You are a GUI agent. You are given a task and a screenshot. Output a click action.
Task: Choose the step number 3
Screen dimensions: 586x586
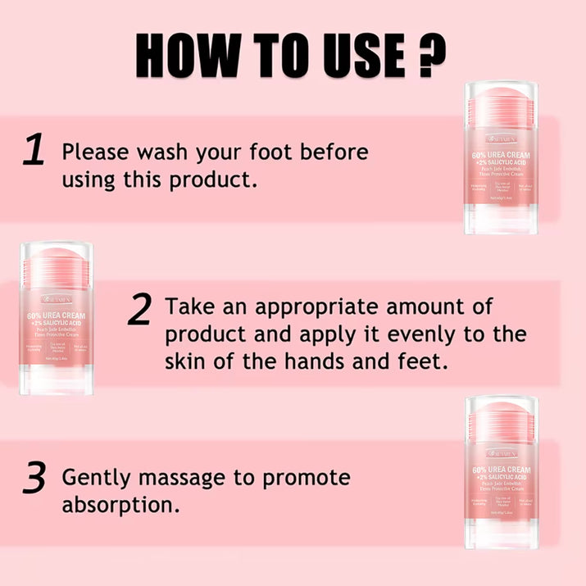pos(33,479)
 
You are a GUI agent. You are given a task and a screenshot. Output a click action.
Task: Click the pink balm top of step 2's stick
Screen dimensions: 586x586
pos(57,261)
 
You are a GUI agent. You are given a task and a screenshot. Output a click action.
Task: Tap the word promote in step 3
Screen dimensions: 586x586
pos(304,477)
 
